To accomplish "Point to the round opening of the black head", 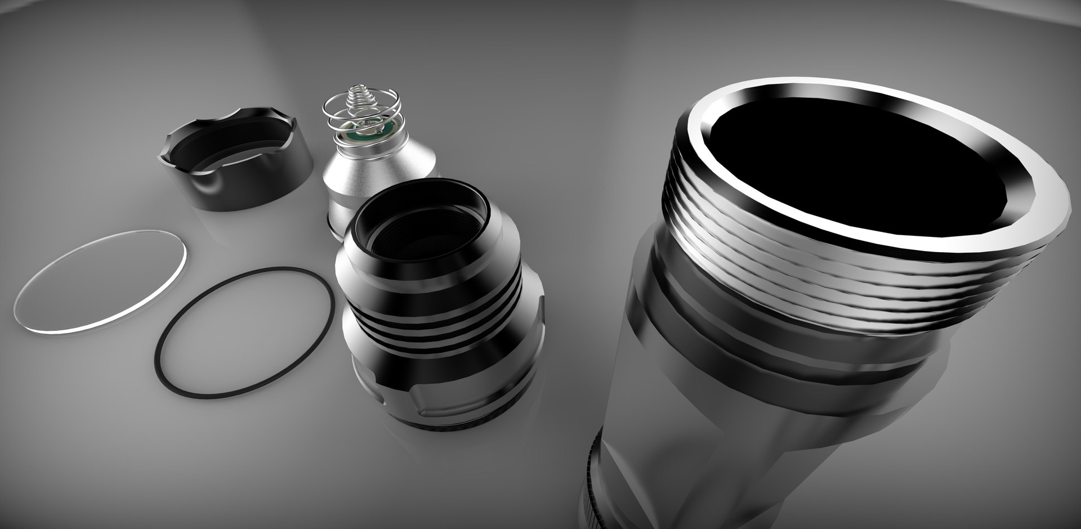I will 428,225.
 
